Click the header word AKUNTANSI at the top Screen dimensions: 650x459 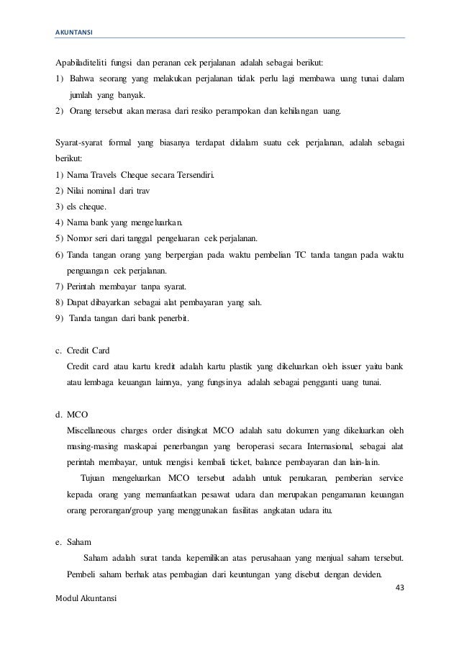click(x=71, y=32)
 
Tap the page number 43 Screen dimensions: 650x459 click(x=401, y=587)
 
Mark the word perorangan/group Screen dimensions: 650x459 click(x=120, y=510)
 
